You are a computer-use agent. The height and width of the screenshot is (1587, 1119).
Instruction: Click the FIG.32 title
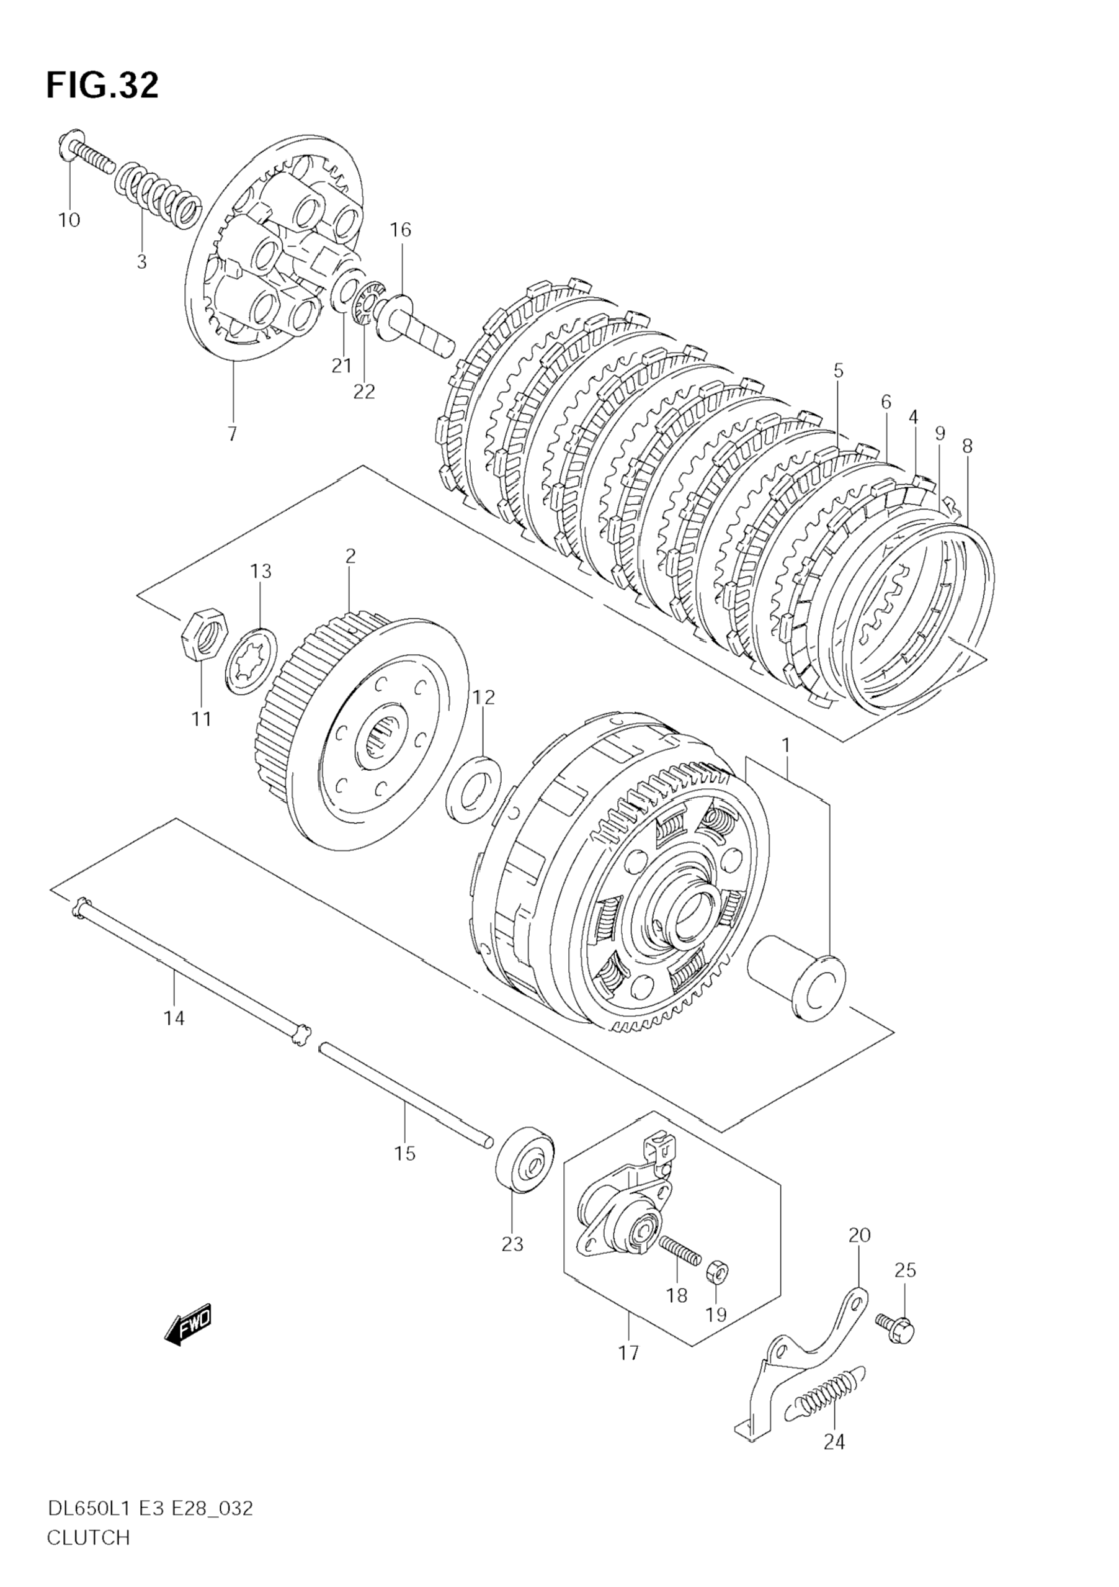pyautogui.click(x=102, y=86)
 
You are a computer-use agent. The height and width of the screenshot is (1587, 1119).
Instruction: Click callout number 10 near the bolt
pyautogui.click(x=69, y=220)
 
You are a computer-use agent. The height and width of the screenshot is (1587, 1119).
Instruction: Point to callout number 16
pyautogui.click(x=400, y=230)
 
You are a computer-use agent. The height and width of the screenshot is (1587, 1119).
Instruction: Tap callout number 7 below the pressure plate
pyautogui.click(x=232, y=434)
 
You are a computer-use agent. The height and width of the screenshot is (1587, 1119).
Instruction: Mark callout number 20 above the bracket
pyautogui.click(x=858, y=1234)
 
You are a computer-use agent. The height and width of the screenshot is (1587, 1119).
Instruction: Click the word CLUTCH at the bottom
pyautogui.click(x=89, y=1532)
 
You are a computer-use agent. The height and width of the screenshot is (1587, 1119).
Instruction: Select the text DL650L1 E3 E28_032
pyautogui.click(x=150, y=1503)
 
